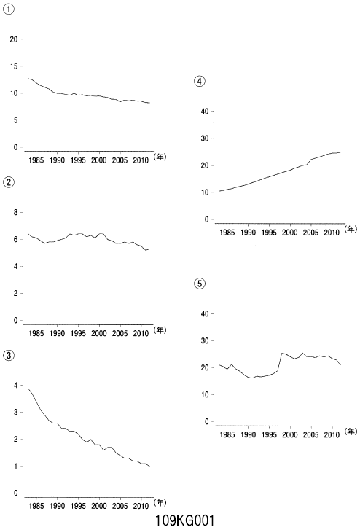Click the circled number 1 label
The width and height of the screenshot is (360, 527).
click(9, 9)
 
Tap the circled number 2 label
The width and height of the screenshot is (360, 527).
click(9, 182)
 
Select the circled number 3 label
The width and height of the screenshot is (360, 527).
click(9, 355)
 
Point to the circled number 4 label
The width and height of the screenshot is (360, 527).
click(200, 82)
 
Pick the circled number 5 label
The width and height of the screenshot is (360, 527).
click(200, 284)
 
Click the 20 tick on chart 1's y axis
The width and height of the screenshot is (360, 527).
click(13, 39)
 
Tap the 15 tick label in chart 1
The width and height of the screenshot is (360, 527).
click(13, 66)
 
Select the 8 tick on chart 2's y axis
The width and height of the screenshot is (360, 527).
click(15, 212)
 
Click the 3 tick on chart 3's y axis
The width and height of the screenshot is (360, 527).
click(15, 412)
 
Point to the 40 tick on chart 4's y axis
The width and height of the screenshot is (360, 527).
click(205, 112)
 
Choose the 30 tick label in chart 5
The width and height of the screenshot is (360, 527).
click(205, 340)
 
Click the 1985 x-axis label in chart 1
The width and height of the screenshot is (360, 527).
click(36, 160)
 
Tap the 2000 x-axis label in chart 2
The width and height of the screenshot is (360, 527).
click(99, 333)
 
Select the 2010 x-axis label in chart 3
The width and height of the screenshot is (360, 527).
click(141, 506)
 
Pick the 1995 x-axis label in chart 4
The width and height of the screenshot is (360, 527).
click(269, 233)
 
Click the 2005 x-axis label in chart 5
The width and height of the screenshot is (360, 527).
click(310, 434)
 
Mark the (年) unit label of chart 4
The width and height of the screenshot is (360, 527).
click(351, 229)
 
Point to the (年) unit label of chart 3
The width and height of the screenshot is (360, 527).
click(160, 502)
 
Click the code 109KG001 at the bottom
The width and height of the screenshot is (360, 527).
click(184, 520)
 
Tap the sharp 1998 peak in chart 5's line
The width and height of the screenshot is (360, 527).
click(282, 353)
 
